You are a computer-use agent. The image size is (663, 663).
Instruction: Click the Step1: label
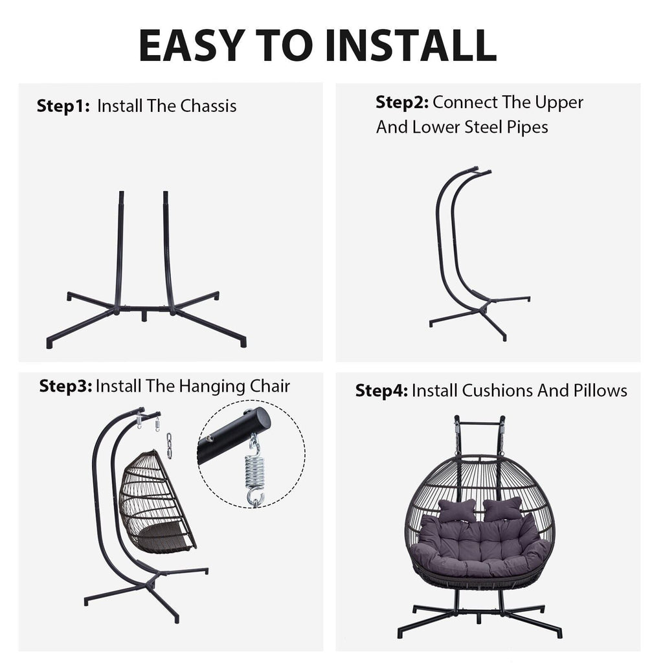click(x=63, y=106)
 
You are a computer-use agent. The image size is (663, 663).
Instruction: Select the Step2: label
click(x=402, y=102)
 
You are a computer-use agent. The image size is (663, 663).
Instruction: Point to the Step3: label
click(x=65, y=386)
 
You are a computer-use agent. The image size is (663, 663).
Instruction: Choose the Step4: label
click(x=381, y=390)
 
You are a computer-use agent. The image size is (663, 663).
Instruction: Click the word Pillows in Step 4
click(x=600, y=390)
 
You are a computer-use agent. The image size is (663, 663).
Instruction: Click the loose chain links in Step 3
click(x=169, y=445)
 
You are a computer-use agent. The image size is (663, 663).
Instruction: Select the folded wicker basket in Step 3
click(x=157, y=503)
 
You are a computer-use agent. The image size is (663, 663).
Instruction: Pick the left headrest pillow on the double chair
click(x=457, y=510)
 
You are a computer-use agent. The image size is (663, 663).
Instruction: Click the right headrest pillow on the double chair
click(x=503, y=509)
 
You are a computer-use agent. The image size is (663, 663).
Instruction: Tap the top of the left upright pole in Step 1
click(x=122, y=193)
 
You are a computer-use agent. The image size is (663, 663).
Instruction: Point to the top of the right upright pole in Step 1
click(x=166, y=193)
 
